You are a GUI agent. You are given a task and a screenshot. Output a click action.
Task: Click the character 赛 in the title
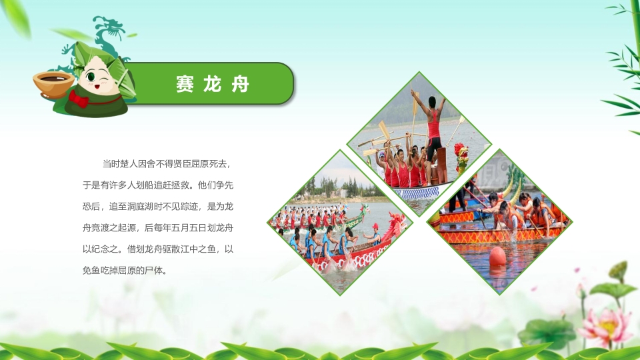coord(185,85)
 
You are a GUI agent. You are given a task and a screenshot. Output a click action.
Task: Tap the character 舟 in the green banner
coord(241,85)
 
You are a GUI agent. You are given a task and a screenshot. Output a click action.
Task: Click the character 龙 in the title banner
coord(213,85)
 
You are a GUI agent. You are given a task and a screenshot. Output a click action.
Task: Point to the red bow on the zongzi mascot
coord(79,99)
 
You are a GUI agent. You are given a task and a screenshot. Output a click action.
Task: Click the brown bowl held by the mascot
coord(54,83)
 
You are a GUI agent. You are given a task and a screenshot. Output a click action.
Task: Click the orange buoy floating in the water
coord(497,256)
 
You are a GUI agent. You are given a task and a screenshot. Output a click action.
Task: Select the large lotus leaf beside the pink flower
coord(547,332)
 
